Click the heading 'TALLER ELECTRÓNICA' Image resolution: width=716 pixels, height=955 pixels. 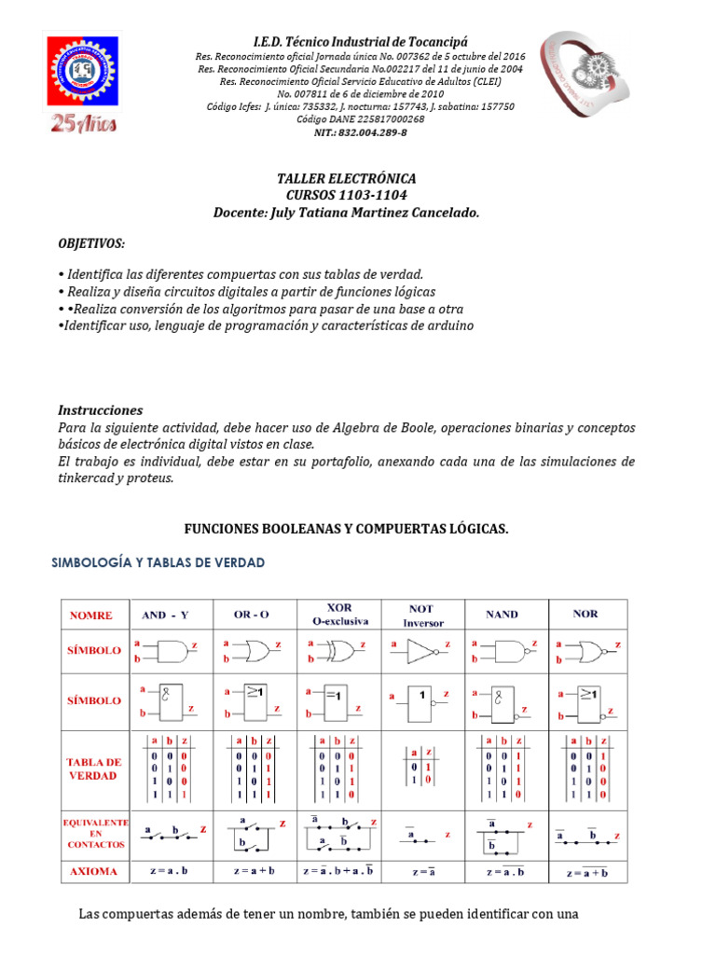click(x=347, y=178)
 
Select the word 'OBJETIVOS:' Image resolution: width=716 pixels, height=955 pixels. click(x=91, y=243)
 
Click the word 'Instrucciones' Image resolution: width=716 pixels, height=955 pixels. click(x=100, y=409)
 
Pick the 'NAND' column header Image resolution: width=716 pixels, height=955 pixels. click(x=502, y=615)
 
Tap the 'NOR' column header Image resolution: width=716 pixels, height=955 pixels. click(x=586, y=614)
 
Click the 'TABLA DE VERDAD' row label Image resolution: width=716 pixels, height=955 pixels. click(x=94, y=768)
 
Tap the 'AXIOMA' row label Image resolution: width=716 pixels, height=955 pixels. click(x=94, y=871)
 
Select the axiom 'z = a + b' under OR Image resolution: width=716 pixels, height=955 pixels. click(x=251, y=871)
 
